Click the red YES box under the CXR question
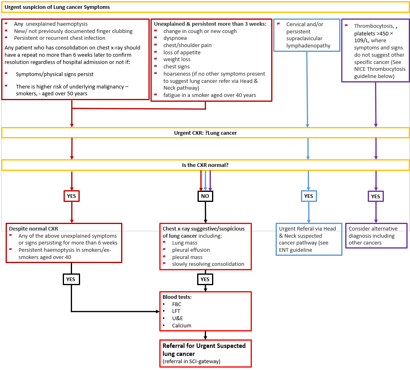click(72, 196)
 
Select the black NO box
click(205, 196)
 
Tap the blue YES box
click(309, 196)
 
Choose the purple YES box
click(376, 196)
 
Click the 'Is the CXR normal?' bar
click(206, 165)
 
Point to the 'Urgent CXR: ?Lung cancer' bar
click(206, 133)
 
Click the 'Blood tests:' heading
click(177, 297)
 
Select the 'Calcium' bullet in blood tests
click(181, 325)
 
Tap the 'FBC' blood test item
click(177, 304)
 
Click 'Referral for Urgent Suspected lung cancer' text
click(204, 349)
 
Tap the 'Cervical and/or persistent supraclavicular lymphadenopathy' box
click(307, 35)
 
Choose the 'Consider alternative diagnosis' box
click(376, 236)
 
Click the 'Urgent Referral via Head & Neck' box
click(309, 239)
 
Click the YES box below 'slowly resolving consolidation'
click(205, 279)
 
